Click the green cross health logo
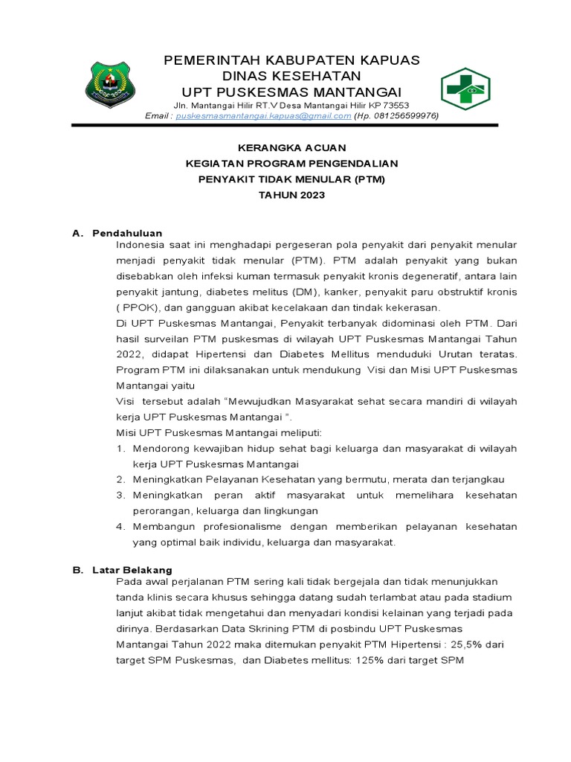466,88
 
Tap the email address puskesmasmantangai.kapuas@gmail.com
268,116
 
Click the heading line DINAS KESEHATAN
291,76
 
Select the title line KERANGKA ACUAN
291,148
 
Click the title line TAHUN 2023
291,195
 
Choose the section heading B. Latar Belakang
123,569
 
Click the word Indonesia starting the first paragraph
143,245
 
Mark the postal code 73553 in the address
394,105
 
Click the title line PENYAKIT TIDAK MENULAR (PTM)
291,179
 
